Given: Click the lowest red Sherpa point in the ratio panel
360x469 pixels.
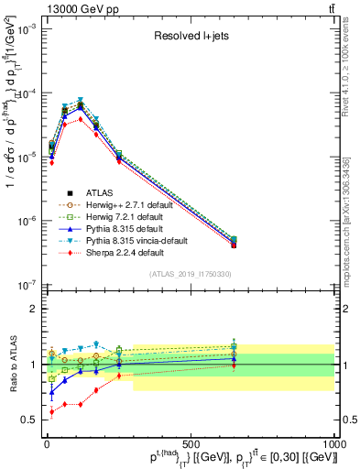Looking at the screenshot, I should tap(51, 412).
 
